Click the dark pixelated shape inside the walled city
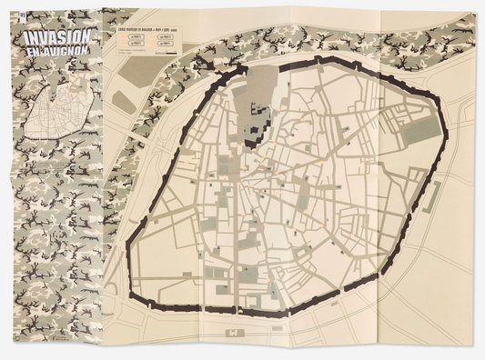tap(257, 119)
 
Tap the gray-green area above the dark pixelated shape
tap(261, 82)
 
